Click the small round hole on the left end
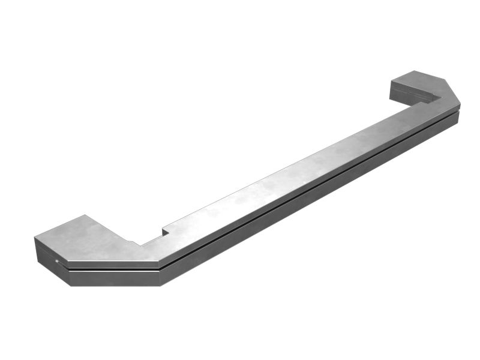click(57, 261)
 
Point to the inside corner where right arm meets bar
click(431, 101)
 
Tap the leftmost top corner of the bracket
click(34, 238)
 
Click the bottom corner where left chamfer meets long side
click(160, 285)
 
